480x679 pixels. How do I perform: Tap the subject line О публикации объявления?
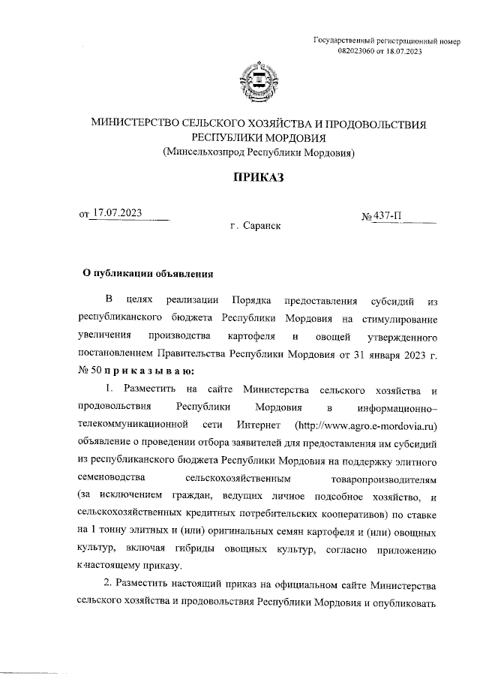click(x=148, y=273)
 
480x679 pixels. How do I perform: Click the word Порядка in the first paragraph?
click(x=253, y=302)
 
